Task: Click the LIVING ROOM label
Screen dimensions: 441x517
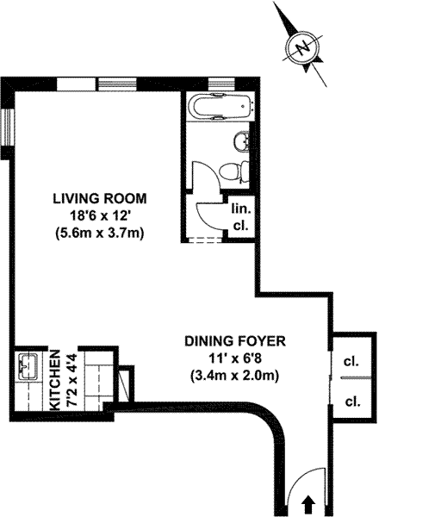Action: pos(100,199)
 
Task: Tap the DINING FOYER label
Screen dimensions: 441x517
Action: pos(234,341)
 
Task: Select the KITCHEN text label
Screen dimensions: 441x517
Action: pos(55,380)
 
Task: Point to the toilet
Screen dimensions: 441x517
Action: pos(234,171)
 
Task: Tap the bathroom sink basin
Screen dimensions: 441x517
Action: pos(241,141)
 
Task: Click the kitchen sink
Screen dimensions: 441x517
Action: pos(28,367)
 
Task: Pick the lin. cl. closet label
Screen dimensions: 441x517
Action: pos(241,217)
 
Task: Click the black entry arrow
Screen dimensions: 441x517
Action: pos(309,504)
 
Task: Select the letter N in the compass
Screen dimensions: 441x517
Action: pos(303,48)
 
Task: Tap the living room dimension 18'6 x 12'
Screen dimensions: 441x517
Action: pos(100,216)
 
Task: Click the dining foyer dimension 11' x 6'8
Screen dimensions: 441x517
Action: pos(235,358)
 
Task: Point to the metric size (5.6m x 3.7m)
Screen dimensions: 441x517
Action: pos(100,234)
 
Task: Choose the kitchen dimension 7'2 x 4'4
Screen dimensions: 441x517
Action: pos(72,380)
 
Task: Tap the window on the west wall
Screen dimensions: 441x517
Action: pos(8,127)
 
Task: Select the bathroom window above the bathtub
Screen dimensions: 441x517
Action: pos(221,84)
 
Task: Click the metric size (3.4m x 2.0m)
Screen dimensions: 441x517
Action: pos(234,376)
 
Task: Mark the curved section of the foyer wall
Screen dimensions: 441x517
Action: pos(271,416)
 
